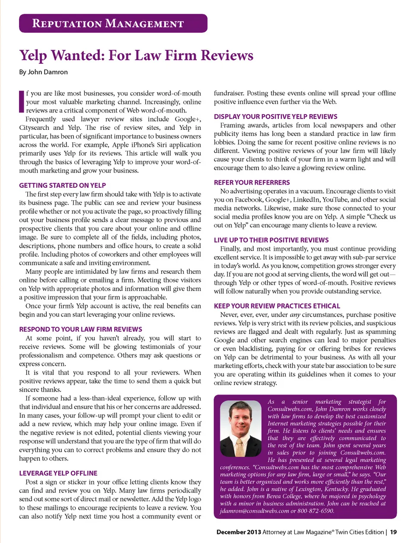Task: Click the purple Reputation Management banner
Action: [113, 23]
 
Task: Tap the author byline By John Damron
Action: [43, 72]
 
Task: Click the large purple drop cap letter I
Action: [22, 102]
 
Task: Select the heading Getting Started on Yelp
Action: [62, 185]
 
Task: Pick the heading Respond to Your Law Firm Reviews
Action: [80, 329]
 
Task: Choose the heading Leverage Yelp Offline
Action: [58, 473]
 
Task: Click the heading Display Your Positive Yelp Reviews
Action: [275, 116]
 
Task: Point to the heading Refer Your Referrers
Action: [252, 183]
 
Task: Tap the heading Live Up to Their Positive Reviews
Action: [271, 240]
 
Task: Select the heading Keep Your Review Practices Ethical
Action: [277, 306]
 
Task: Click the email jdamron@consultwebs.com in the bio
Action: [254, 511]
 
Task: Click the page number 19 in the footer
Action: [393, 532]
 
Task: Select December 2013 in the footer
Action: [239, 532]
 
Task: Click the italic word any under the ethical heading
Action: [295, 315]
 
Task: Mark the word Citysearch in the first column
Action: [34, 128]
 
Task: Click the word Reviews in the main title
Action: [227, 55]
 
